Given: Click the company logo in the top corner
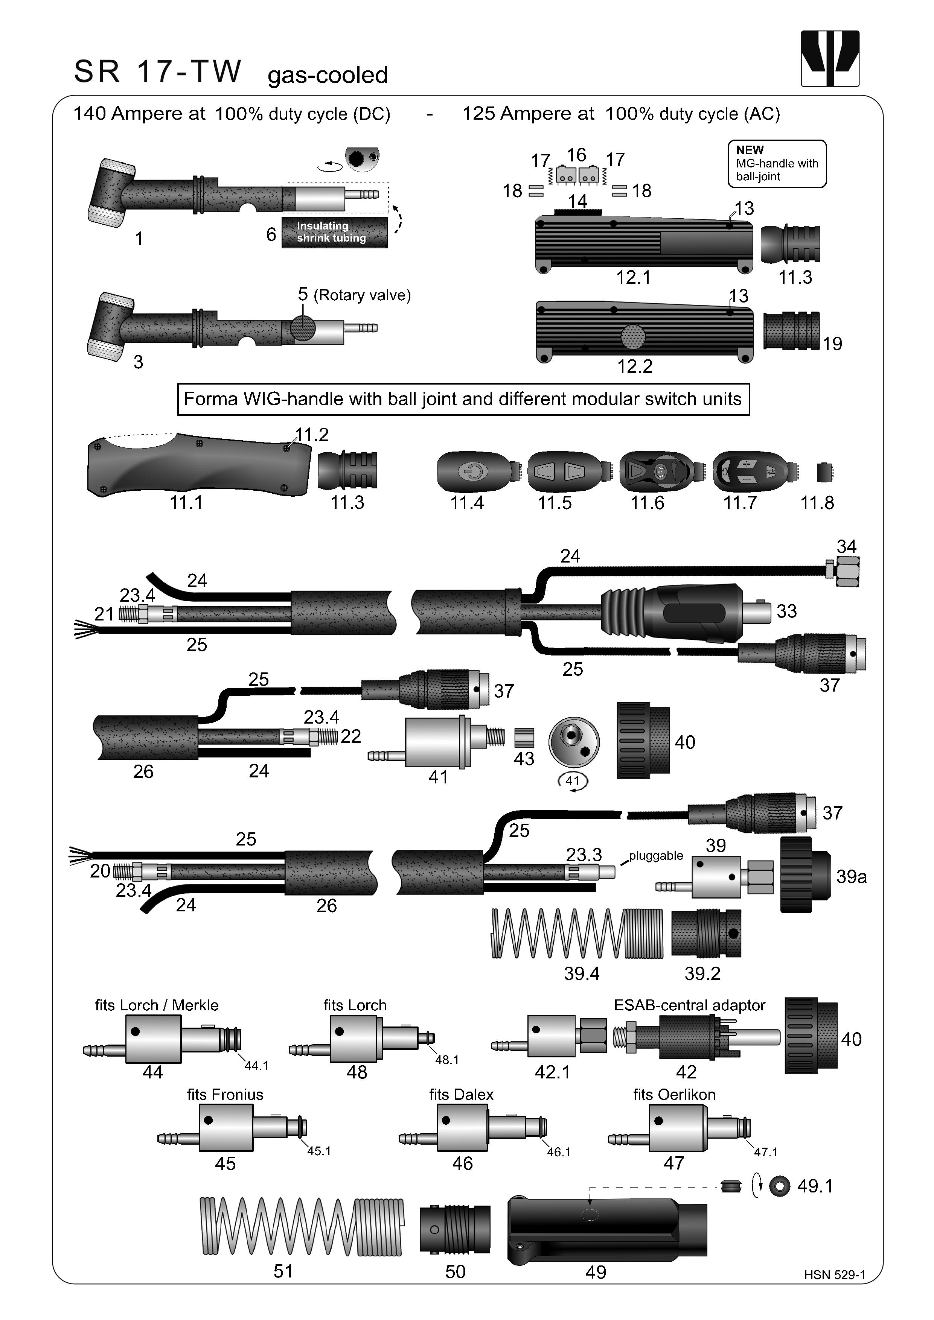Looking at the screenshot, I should [829, 59].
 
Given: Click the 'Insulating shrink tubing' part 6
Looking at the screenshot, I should [334, 232].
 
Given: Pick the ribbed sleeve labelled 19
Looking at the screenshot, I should [791, 331].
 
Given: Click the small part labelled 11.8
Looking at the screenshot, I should [824, 473].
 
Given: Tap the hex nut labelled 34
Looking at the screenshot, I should [847, 572].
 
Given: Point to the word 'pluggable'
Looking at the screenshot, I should [656, 855].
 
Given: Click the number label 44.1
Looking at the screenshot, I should [256, 1065].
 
